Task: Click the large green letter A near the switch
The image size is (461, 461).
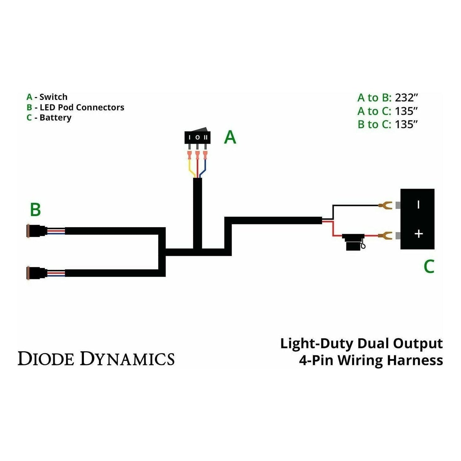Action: (x=230, y=137)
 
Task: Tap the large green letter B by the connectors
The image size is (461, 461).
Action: (x=35, y=210)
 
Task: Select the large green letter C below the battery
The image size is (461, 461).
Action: (x=429, y=266)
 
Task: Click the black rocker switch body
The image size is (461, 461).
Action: (x=197, y=137)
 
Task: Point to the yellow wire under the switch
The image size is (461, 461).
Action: (x=191, y=168)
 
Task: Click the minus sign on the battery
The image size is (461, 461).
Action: (x=419, y=205)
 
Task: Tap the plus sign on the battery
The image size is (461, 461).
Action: (x=419, y=234)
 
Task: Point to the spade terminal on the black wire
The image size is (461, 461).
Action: (x=385, y=205)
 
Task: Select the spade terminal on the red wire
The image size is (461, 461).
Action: (x=385, y=236)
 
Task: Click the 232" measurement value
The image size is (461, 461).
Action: (x=406, y=98)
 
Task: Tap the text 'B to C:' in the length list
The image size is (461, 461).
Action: (x=374, y=124)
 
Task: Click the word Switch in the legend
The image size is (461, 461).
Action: (x=53, y=97)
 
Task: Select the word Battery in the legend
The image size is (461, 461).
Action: (x=55, y=117)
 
